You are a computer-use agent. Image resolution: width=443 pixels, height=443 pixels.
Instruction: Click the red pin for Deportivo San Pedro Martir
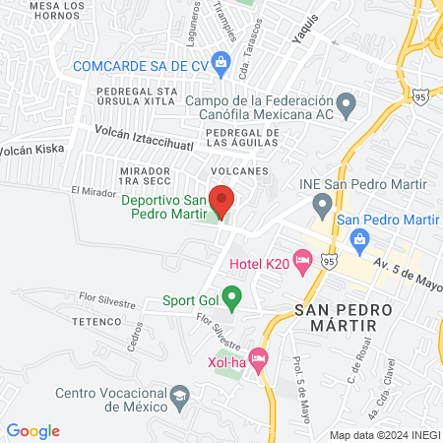tap(221, 201)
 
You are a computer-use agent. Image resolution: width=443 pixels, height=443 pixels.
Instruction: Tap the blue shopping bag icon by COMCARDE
tap(221, 66)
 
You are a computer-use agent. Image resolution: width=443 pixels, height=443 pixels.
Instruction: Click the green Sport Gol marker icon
tap(231, 295)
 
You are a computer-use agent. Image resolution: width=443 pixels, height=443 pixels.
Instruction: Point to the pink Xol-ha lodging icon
tap(259, 360)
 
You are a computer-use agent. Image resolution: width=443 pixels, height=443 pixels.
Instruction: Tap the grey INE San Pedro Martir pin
tap(322, 206)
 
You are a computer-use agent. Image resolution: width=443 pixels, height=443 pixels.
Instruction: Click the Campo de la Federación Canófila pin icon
tap(346, 102)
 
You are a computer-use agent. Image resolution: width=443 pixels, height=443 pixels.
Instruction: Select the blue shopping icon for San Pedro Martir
tap(359, 237)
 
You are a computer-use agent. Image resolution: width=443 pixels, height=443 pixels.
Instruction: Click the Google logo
tap(33, 430)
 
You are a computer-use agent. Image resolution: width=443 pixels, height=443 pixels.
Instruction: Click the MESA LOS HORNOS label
tap(40, 11)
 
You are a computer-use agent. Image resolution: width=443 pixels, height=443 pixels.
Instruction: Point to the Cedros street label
tap(134, 338)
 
